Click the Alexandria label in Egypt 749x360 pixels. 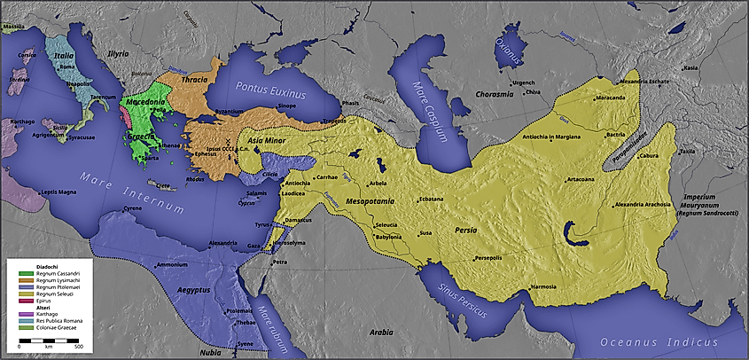pos(222,242)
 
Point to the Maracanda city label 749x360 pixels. pos(611,98)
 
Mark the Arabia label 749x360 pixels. pos(382,332)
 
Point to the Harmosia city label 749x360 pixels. pos(543,286)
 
